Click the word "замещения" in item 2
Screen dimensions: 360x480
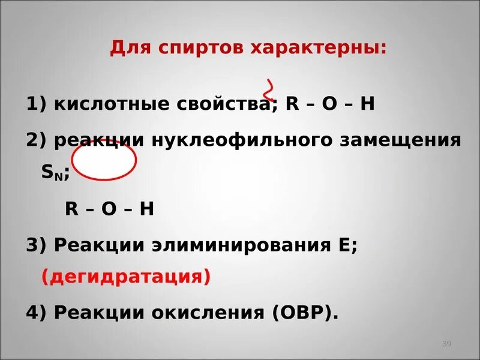pos(400,140)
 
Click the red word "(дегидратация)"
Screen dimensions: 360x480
pos(126,277)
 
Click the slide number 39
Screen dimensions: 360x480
pos(446,344)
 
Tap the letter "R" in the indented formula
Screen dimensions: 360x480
pos(72,208)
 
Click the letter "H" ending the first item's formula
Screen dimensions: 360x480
pos(367,104)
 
